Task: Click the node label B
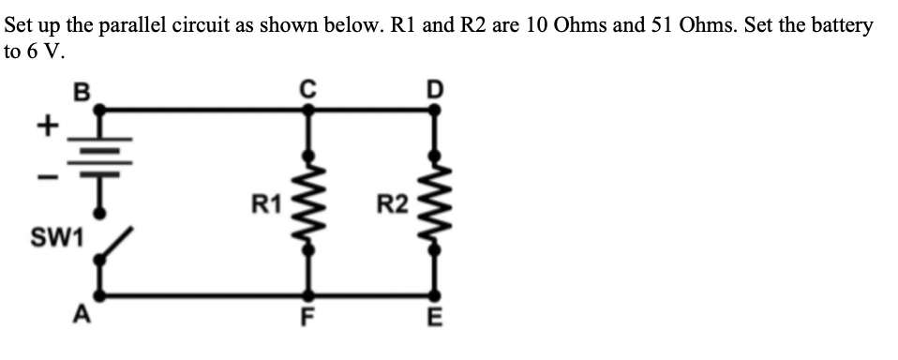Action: tap(81, 92)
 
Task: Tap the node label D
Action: tap(432, 90)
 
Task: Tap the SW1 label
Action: tap(56, 240)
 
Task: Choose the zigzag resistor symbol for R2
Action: tap(432, 202)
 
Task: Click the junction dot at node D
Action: tap(432, 110)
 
